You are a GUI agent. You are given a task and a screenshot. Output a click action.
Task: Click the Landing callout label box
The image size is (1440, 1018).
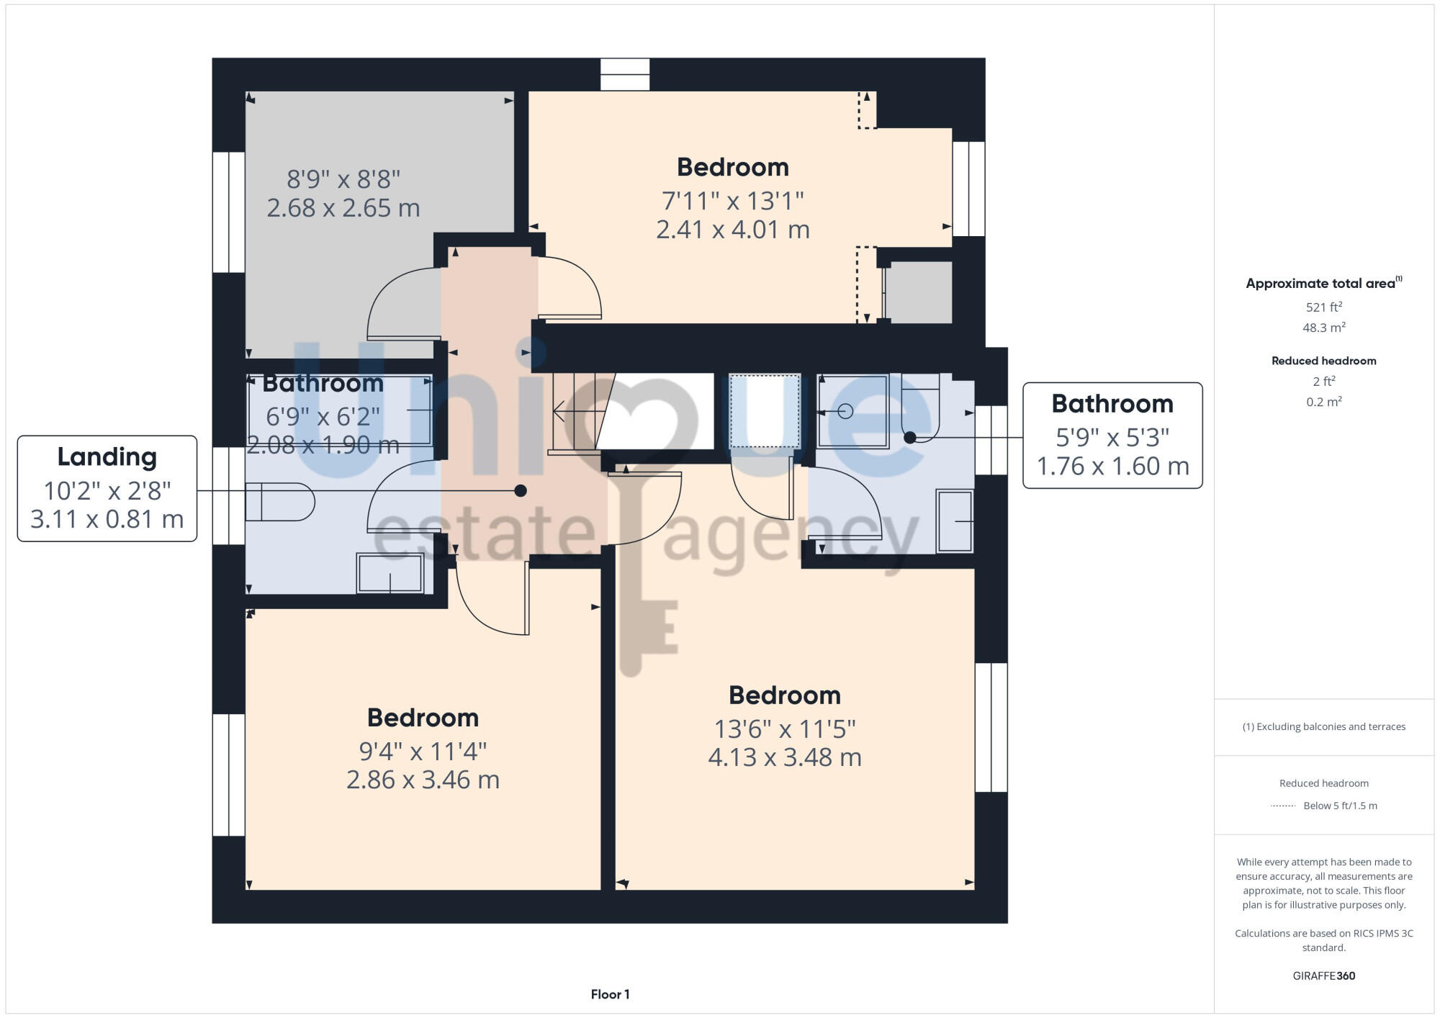click(107, 488)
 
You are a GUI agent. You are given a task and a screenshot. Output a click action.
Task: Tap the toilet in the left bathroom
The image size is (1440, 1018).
click(279, 501)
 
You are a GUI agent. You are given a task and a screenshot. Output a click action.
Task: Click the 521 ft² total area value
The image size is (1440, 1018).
click(1323, 307)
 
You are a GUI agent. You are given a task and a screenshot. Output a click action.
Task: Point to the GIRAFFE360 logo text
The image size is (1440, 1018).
click(1323, 976)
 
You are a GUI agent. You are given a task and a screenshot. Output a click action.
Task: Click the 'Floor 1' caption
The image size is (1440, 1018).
click(610, 994)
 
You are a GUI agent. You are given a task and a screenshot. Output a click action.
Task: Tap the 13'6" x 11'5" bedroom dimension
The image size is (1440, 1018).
click(784, 729)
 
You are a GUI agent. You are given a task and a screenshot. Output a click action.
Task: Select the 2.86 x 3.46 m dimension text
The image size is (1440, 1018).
click(423, 780)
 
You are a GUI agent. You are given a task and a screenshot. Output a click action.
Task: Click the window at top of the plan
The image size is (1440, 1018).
click(625, 74)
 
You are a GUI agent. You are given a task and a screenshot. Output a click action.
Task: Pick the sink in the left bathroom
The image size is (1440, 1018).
click(390, 574)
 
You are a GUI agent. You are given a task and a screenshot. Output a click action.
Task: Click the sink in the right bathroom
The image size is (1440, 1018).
click(955, 521)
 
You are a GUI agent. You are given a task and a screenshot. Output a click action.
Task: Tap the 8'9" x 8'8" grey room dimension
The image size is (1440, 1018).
click(343, 178)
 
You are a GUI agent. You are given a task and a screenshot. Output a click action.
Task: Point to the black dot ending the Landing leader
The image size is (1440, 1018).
click(521, 491)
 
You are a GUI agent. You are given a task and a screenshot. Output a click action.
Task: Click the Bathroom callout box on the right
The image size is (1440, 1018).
click(1112, 435)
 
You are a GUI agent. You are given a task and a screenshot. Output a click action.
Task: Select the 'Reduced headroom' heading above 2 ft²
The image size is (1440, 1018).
click(1323, 361)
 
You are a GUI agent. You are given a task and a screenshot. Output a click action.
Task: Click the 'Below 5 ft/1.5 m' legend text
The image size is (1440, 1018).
click(1340, 806)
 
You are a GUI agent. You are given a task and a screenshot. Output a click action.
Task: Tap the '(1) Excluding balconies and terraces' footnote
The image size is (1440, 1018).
click(1323, 726)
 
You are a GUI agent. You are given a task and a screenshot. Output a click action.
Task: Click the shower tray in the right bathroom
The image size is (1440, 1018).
click(852, 411)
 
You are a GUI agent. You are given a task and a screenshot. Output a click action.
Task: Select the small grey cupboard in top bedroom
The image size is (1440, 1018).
click(918, 292)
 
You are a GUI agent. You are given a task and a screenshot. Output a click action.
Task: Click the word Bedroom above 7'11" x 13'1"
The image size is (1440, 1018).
click(732, 167)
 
